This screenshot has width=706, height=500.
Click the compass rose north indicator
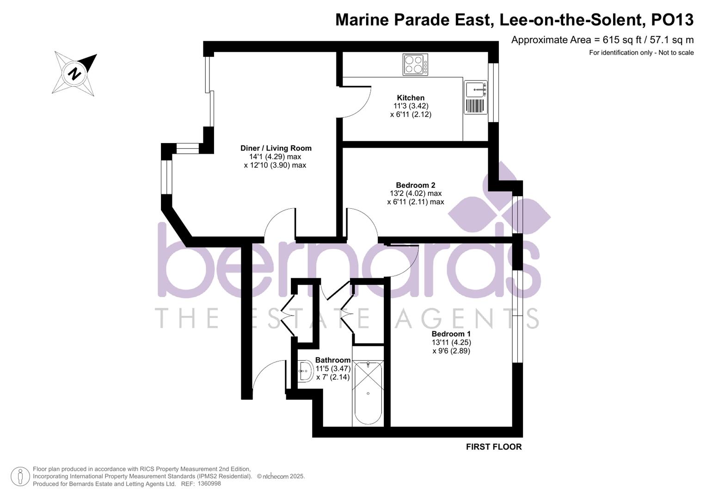click(75, 74)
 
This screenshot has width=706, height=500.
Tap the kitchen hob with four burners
click(415, 65)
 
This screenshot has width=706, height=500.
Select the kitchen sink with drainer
click(476, 97)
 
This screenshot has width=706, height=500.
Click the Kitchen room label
click(411, 98)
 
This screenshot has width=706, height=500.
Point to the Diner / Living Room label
click(276, 148)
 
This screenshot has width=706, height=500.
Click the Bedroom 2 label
click(415, 185)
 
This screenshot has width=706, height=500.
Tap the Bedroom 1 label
click(451, 334)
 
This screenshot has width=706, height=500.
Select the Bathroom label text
click(333, 360)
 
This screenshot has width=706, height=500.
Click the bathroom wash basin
click(306, 371)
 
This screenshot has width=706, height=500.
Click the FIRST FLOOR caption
click(493, 447)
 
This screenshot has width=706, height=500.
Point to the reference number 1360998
click(209, 484)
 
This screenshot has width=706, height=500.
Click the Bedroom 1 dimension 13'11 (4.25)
click(451, 343)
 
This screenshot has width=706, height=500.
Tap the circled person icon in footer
click(20, 476)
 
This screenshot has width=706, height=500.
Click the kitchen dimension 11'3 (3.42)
click(411, 106)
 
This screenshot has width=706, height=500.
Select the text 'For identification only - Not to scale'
click(641, 53)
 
